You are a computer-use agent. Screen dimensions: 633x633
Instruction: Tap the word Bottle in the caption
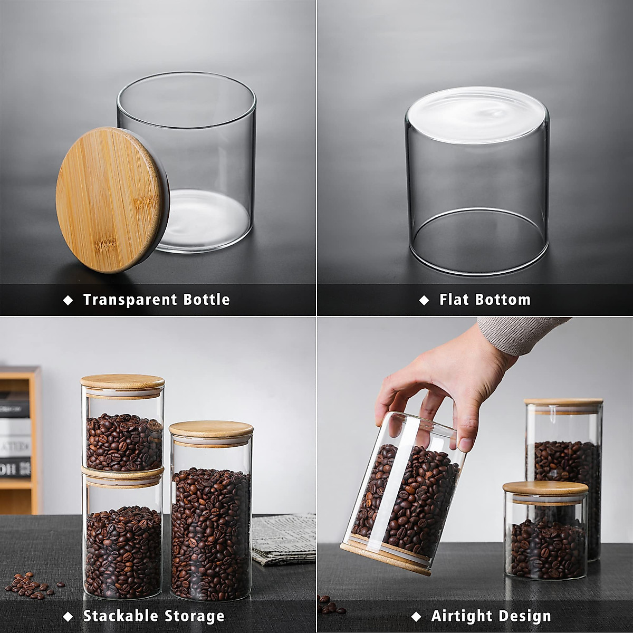(206, 300)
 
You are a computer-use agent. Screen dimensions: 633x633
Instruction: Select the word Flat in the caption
(455, 300)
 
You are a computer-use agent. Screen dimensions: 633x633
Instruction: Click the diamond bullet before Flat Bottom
(424, 300)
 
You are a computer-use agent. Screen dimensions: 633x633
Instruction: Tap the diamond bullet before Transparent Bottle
(68, 300)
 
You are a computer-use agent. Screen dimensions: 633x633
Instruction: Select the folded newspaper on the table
(283, 538)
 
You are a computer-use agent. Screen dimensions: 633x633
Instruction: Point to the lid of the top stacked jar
(122, 381)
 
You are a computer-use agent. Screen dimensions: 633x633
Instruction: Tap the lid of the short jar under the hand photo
(545, 487)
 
